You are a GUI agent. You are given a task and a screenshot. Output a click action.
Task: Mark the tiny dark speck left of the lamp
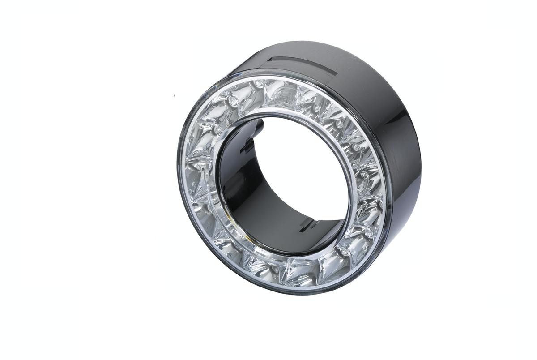[175, 95]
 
